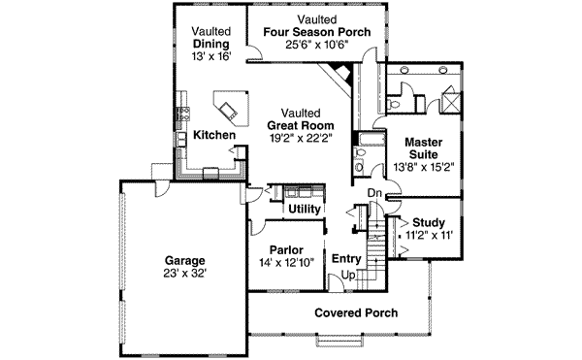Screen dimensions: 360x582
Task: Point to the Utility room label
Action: tap(305, 209)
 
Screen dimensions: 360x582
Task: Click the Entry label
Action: tap(346, 259)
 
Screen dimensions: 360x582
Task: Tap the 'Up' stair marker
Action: tap(347, 276)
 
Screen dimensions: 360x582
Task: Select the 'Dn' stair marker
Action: tap(373, 194)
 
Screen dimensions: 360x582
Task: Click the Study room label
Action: tap(428, 222)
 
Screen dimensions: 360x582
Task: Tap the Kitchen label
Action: tap(213, 135)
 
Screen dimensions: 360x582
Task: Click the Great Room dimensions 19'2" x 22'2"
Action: tap(301, 138)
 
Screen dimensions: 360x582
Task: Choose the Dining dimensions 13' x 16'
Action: tap(210, 57)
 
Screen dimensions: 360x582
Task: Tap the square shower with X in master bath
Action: tap(451, 100)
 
